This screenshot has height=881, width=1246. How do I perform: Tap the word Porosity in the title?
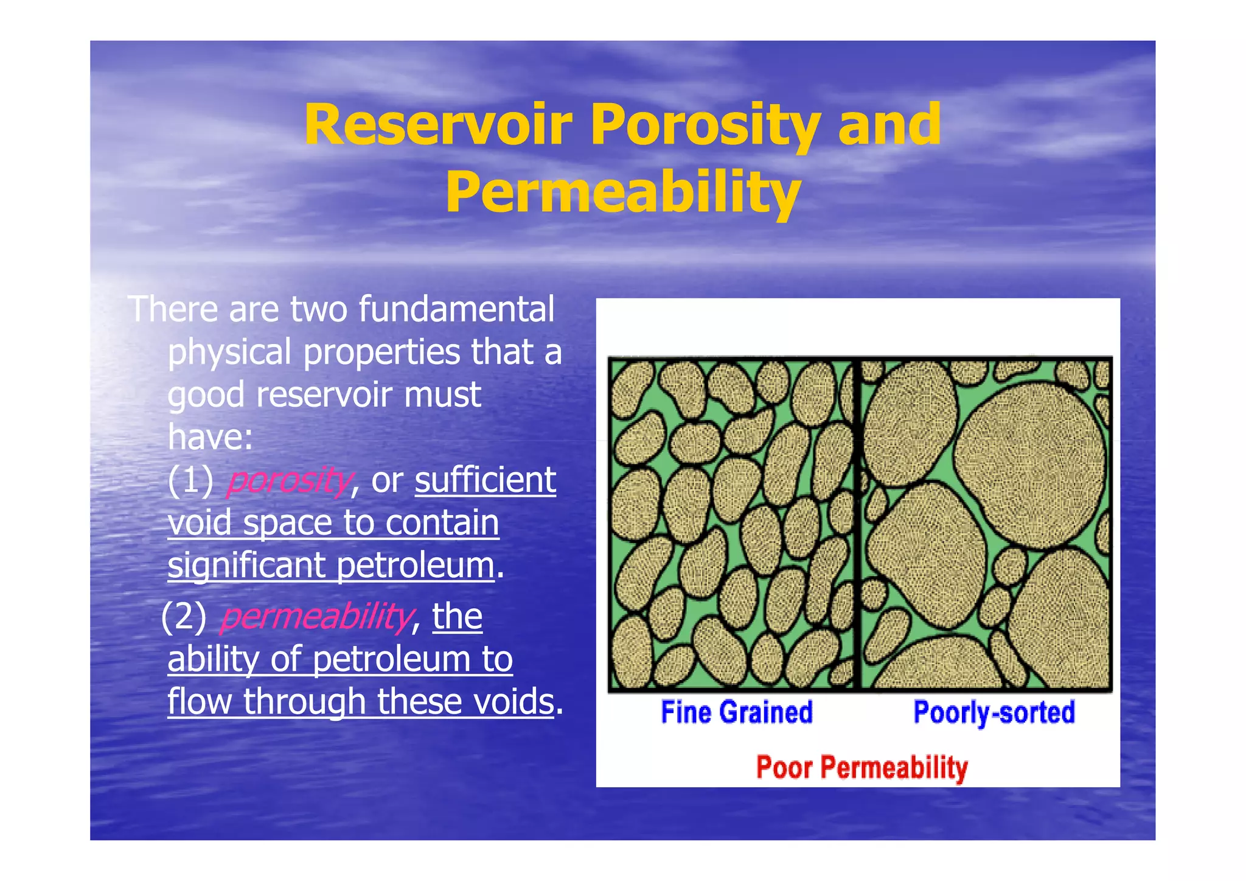click(705, 127)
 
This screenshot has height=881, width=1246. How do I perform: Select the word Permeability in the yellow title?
click(622, 193)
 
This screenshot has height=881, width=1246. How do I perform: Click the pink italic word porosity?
click(288, 481)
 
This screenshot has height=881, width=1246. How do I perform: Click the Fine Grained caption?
click(736, 712)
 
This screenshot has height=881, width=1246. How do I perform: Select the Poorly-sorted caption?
click(994, 712)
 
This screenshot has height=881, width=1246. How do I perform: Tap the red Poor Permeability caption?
click(861, 767)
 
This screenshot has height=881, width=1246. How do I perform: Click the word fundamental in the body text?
click(456, 309)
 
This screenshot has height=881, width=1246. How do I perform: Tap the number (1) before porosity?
click(190, 480)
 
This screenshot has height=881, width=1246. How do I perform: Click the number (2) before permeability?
click(184, 616)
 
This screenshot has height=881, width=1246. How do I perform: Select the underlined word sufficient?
click(485, 480)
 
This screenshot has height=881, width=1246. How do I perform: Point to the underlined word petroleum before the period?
click(416, 566)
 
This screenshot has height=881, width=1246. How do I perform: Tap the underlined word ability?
click(214, 659)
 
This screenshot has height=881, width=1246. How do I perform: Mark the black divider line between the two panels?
click(857, 524)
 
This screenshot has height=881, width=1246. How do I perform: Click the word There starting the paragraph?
click(173, 309)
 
